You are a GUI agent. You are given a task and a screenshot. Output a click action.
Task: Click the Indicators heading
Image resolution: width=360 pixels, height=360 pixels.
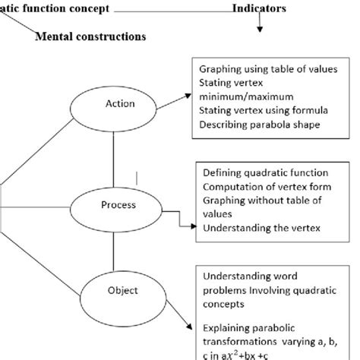click(x=259, y=8)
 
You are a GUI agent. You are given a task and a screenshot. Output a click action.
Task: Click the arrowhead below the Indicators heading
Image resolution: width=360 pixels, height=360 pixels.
click(x=261, y=30)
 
